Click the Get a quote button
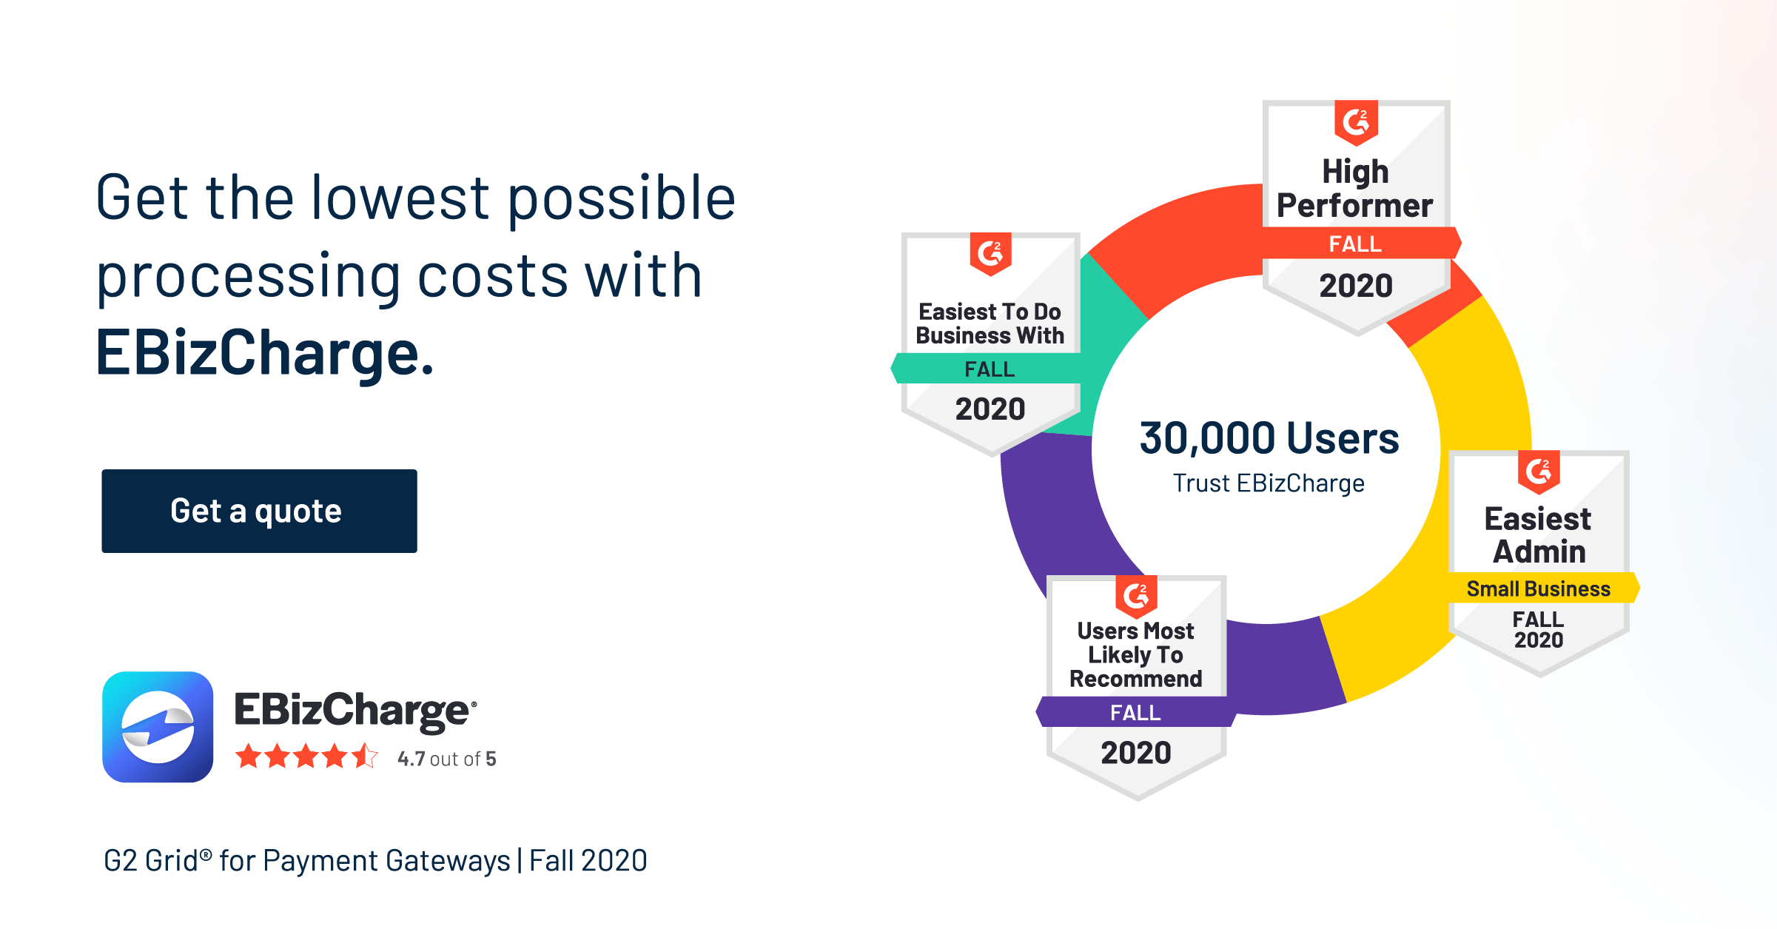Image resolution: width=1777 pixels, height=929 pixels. coord(259,511)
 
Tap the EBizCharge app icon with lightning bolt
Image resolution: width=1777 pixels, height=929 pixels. coord(158,727)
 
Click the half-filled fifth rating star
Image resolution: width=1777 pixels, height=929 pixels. coord(366,757)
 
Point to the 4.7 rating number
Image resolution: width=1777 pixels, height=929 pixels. coord(412,759)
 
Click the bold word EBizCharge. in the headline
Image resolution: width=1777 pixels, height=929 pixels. coord(264,353)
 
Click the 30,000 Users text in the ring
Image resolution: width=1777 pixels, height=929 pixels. coord(1269,437)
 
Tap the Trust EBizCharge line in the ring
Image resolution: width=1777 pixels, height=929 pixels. coord(1269,483)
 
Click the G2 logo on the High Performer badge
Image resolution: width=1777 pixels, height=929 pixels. coord(1356,121)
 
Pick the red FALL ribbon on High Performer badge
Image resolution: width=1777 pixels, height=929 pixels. coord(1356,244)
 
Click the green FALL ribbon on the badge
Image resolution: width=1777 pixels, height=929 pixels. coord(989,369)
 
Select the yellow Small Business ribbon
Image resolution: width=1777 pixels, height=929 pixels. coord(1539,588)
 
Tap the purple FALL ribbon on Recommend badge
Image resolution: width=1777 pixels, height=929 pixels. coord(1135,712)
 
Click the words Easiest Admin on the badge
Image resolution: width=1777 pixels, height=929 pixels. coord(1538,534)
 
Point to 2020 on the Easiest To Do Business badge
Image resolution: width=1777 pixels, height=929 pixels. coord(990,409)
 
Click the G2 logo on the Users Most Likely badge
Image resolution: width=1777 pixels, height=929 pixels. coord(1136,595)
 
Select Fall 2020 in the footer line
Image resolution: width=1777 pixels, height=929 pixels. coord(588,861)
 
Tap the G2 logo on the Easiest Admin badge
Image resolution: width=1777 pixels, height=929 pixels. coord(1539,471)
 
